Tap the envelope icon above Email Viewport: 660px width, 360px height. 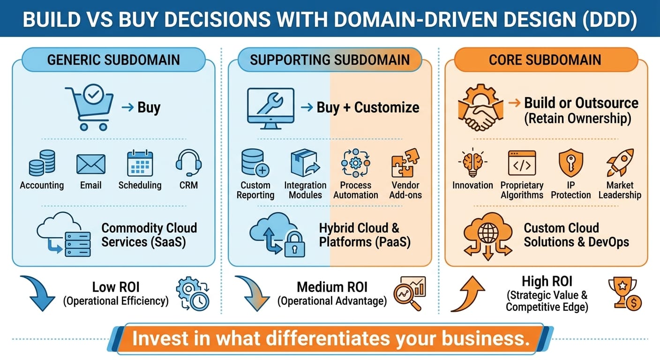[91, 164]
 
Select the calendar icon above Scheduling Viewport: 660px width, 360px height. [140, 163]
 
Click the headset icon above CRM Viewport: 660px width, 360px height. [188, 163]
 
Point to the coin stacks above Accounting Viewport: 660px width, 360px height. [42, 163]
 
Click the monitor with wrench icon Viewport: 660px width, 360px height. [271, 109]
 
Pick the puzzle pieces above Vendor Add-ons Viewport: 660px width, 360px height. [405, 163]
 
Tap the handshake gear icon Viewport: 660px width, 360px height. [480, 107]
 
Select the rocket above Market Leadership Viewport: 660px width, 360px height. [620, 163]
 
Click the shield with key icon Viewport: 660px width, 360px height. [571, 163]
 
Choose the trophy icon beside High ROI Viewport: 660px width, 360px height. [625, 293]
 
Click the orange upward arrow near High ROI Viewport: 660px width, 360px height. [468, 294]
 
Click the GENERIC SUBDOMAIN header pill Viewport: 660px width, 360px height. [113, 60]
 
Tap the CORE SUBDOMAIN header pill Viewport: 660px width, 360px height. [545, 60]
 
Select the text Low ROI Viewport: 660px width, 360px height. [116, 287]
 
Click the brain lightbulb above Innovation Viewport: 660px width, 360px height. [472, 163]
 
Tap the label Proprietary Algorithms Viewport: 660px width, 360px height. [522, 190]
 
